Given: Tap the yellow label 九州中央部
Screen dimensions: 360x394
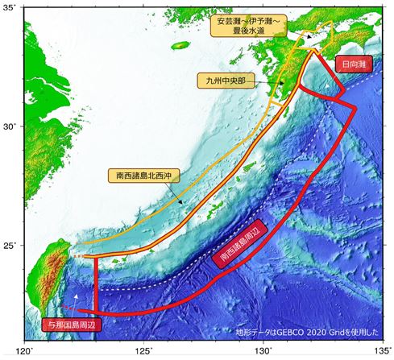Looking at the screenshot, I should [x=226, y=81].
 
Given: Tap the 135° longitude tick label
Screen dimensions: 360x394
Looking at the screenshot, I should [x=382, y=352].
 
